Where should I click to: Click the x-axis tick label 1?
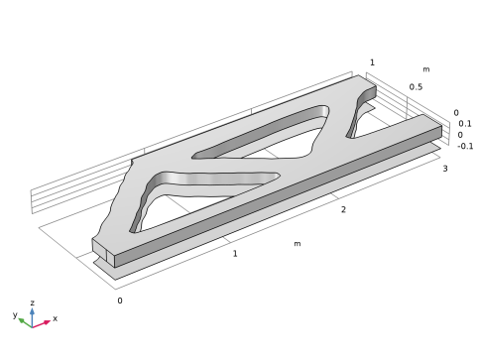click(235, 254)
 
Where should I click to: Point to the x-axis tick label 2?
click(343, 209)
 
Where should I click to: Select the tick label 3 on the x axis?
click(445, 169)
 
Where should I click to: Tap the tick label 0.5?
click(416, 87)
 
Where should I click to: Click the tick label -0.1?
click(465, 146)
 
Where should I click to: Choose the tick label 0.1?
click(465, 124)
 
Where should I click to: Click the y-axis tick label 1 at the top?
click(372, 62)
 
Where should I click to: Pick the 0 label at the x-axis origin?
click(120, 300)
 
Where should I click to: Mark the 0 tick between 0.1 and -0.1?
click(460, 135)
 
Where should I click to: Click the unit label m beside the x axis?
click(298, 244)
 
